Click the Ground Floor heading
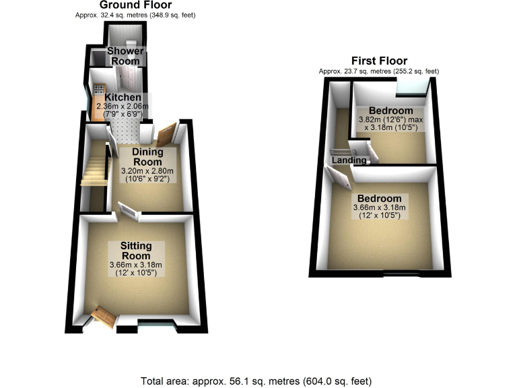click(137, 5)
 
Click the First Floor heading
click(379, 61)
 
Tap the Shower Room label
click(123, 56)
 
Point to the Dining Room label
click(148, 157)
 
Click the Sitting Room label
click(136, 251)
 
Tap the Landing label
click(349, 160)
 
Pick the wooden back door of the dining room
click(166, 133)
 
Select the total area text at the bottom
click(256, 381)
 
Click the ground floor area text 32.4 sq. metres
click(137, 14)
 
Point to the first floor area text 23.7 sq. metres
click(379, 71)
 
